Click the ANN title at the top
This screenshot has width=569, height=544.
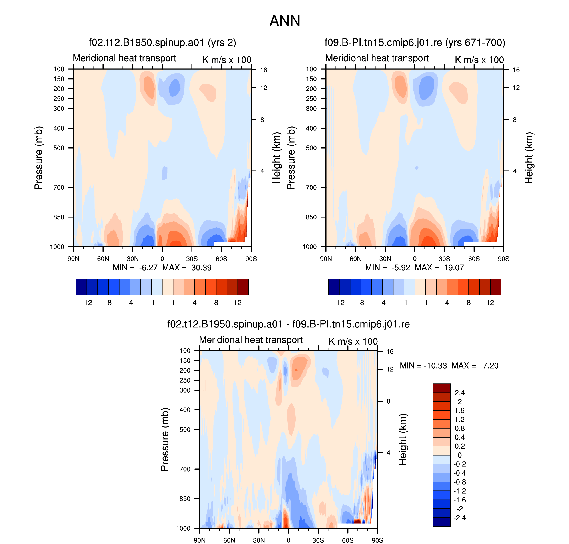tap(285, 21)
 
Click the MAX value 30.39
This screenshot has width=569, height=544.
tap(201, 268)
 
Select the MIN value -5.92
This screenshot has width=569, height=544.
tap(401, 268)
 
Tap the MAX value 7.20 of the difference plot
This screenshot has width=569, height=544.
tap(490, 366)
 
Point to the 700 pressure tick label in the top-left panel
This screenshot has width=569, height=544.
tap(59, 188)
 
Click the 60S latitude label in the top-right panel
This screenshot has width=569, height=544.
tap(474, 259)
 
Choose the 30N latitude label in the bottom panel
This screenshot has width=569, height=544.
tap(259, 540)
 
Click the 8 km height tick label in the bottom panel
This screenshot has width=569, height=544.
tap(388, 401)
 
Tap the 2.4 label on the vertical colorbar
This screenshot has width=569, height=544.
tap(460, 393)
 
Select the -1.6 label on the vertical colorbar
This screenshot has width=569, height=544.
tap(460, 500)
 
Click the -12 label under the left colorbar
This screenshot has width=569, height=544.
tap(87, 303)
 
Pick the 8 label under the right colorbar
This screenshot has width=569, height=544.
tap(469, 303)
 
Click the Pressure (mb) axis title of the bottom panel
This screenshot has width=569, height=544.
tap(164, 440)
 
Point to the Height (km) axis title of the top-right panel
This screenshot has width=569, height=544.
tap(529, 158)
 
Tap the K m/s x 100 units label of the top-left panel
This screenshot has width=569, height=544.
tap(227, 60)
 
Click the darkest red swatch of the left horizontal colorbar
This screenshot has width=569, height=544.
tap(243, 287)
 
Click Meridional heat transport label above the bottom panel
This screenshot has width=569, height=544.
tap(251, 340)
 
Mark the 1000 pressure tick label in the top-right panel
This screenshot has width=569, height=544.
tap(309, 247)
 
